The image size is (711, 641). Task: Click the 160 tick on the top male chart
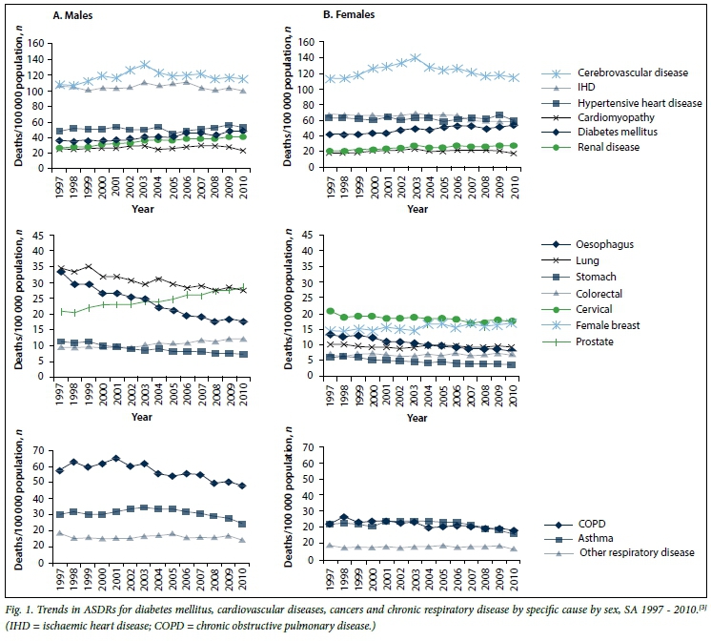pyautogui.click(x=34, y=44)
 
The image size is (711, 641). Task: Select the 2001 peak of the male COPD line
pyautogui.click(x=116, y=459)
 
